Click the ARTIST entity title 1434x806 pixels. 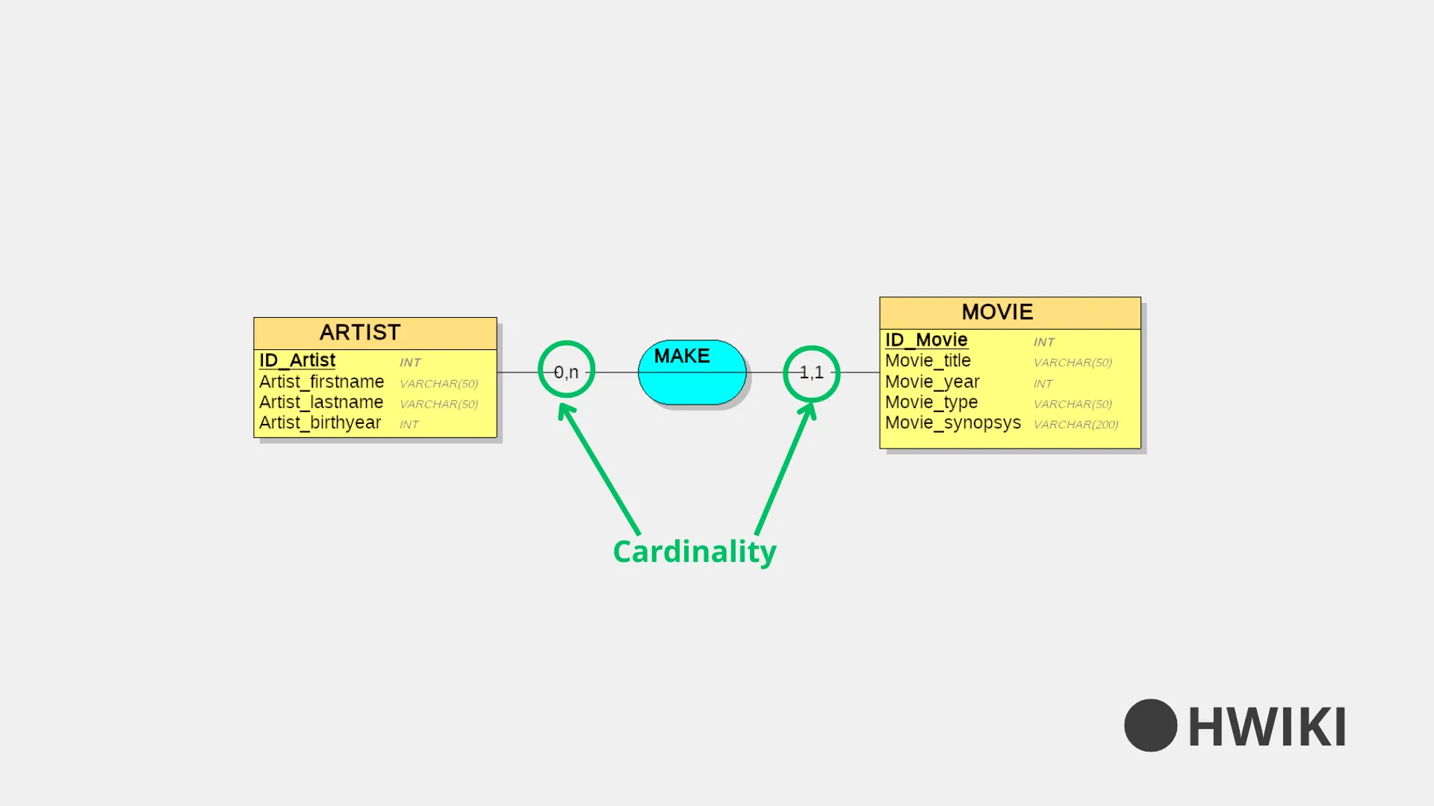point(360,332)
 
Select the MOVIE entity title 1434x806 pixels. point(997,312)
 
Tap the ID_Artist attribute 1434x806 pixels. point(297,360)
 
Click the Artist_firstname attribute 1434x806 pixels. point(321,381)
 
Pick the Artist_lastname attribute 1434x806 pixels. point(321,402)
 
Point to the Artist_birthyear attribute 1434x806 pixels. point(320,422)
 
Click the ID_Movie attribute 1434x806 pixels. point(926,340)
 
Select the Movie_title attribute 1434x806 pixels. point(928,360)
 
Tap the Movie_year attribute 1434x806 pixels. point(932,381)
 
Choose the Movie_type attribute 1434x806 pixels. point(931,402)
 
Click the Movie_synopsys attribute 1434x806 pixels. point(953,422)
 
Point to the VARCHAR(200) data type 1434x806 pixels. point(1075,425)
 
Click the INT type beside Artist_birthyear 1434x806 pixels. point(409,425)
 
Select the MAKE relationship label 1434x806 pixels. point(682,356)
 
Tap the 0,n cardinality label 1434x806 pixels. point(566,372)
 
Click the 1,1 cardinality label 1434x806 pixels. point(812,372)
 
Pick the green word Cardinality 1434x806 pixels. point(695,552)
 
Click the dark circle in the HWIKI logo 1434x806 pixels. point(1150,725)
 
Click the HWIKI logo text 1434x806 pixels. point(1267,727)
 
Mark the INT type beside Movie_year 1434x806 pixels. point(1043,384)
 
